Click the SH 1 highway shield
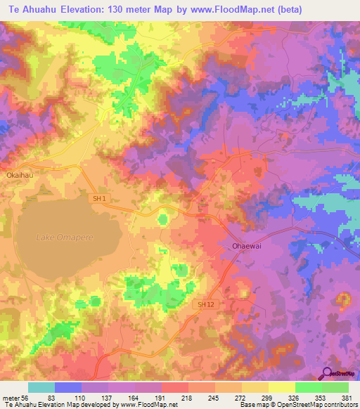pos(99,199)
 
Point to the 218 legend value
pos(188,397)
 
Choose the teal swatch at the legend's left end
pos(41,387)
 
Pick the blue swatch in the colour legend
pos(68,387)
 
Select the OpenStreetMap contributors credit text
pos(310,405)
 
